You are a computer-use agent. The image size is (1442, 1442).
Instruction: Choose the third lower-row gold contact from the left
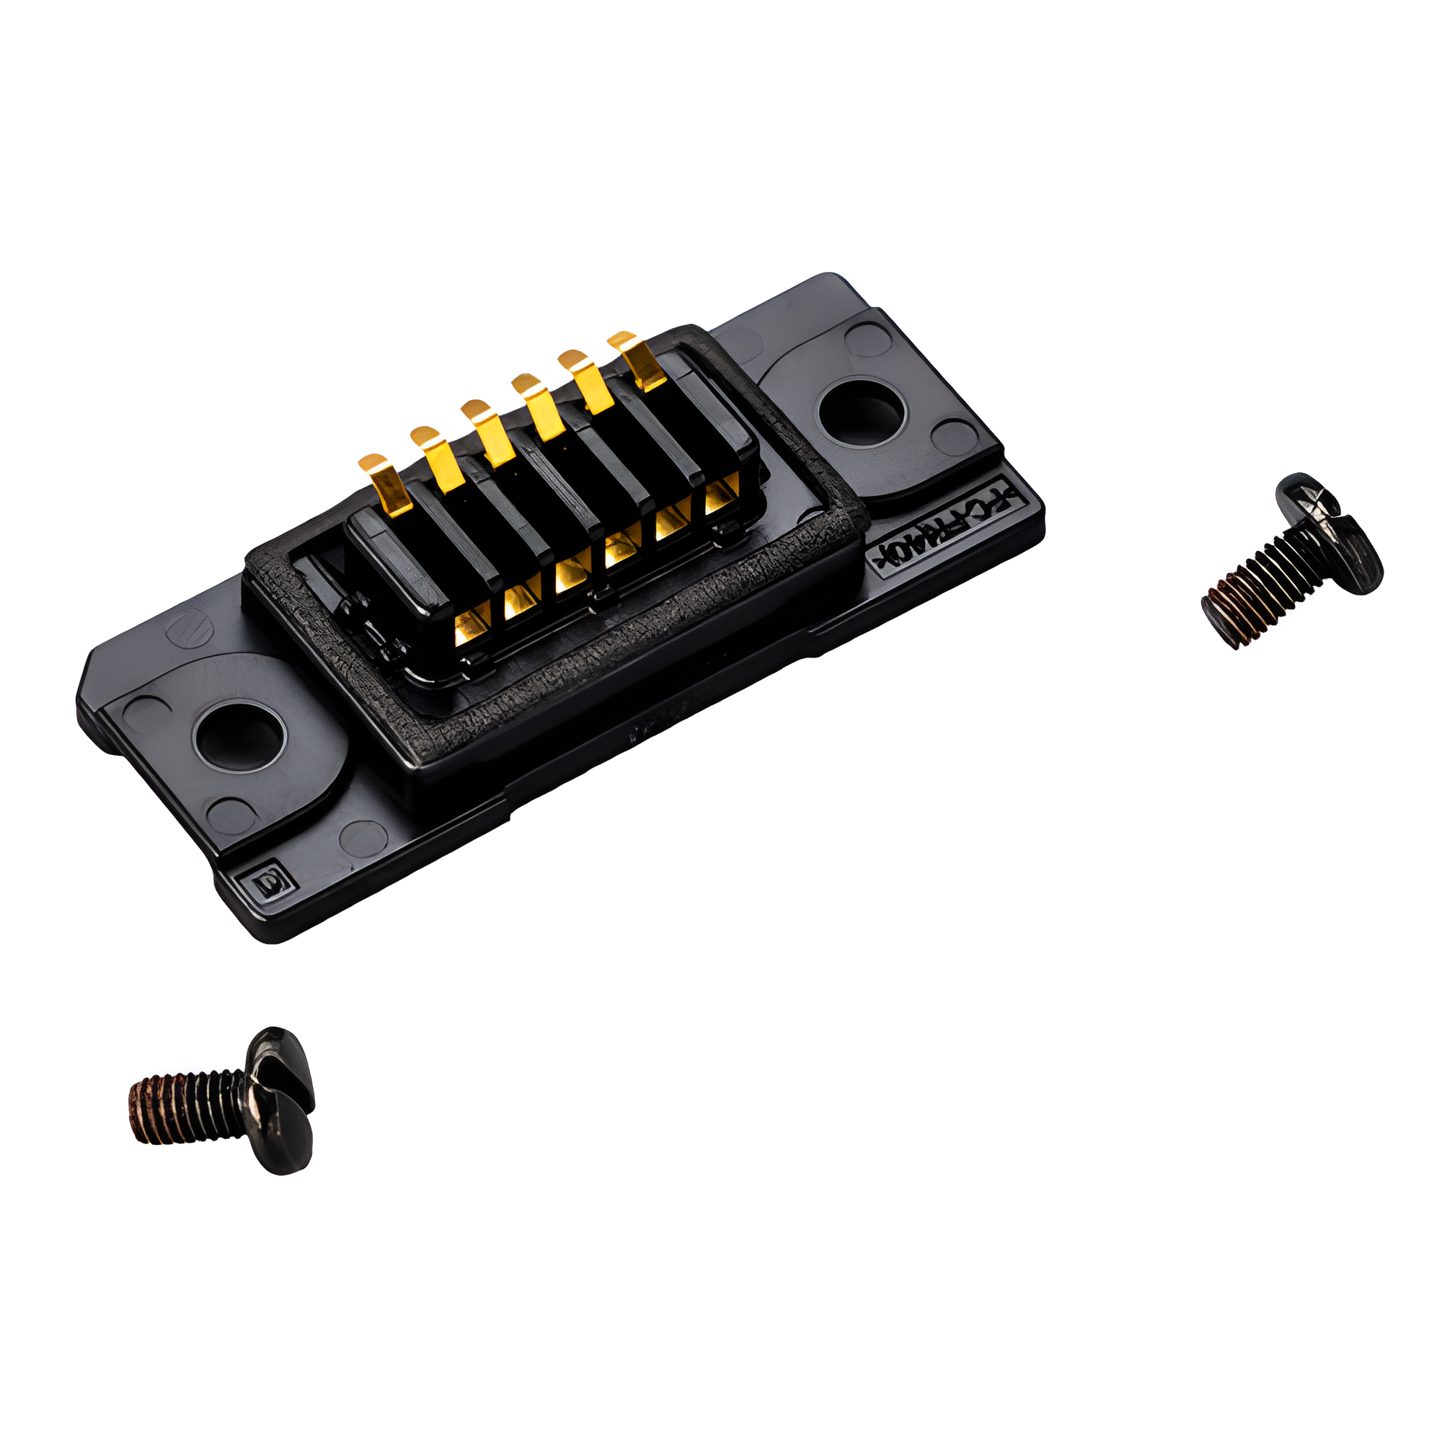571,575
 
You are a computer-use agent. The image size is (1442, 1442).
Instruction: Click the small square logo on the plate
267,885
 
